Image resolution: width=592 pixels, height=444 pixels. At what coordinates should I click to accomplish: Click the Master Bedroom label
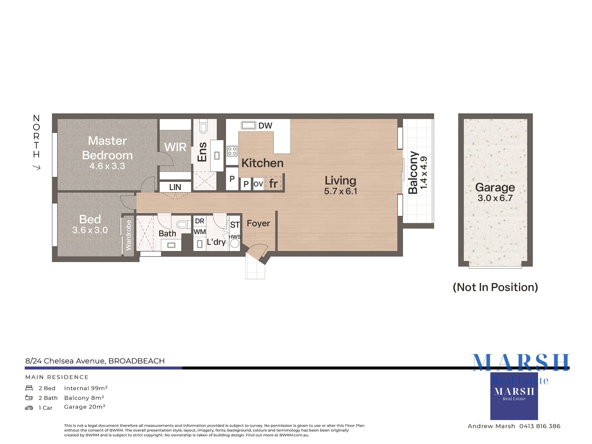click(x=107, y=148)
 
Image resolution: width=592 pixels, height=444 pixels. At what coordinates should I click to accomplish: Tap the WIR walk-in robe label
click(x=175, y=147)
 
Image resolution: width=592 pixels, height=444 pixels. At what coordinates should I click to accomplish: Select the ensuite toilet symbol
click(x=203, y=127)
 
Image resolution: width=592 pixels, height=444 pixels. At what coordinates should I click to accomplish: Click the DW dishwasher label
click(x=265, y=126)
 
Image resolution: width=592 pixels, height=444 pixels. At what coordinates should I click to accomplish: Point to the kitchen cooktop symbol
click(x=232, y=151)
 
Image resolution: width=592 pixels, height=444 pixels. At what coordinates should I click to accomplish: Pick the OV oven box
click(x=258, y=184)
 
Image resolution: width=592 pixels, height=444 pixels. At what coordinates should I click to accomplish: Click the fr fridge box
click(x=273, y=183)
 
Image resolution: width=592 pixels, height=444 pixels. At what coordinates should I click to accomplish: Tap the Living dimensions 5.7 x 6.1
click(x=340, y=191)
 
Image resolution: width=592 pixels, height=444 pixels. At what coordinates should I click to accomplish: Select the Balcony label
click(x=413, y=172)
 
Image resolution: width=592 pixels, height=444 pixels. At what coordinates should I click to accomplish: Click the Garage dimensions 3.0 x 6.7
click(x=495, y=198)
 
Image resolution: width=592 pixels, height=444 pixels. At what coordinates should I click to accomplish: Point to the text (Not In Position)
click(x=495, y=287)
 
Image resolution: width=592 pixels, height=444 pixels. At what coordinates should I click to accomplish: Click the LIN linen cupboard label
click(x=175, y=187)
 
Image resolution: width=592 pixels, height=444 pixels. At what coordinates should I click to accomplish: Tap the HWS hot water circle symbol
click(x=235, y=243)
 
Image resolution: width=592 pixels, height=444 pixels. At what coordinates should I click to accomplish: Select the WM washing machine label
click(x=199, y=232)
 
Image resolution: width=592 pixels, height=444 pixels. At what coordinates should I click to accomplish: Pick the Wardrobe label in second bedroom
click(x=128, y=235)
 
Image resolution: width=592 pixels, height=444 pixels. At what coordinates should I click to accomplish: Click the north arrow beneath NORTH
click(x=37, y=167)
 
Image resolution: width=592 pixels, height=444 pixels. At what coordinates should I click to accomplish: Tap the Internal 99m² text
click(x=86, y=388)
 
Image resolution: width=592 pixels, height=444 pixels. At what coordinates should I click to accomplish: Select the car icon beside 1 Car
click(x=29, y=408)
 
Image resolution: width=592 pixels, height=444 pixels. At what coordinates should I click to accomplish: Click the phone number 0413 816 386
click(x=540, y=426)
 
